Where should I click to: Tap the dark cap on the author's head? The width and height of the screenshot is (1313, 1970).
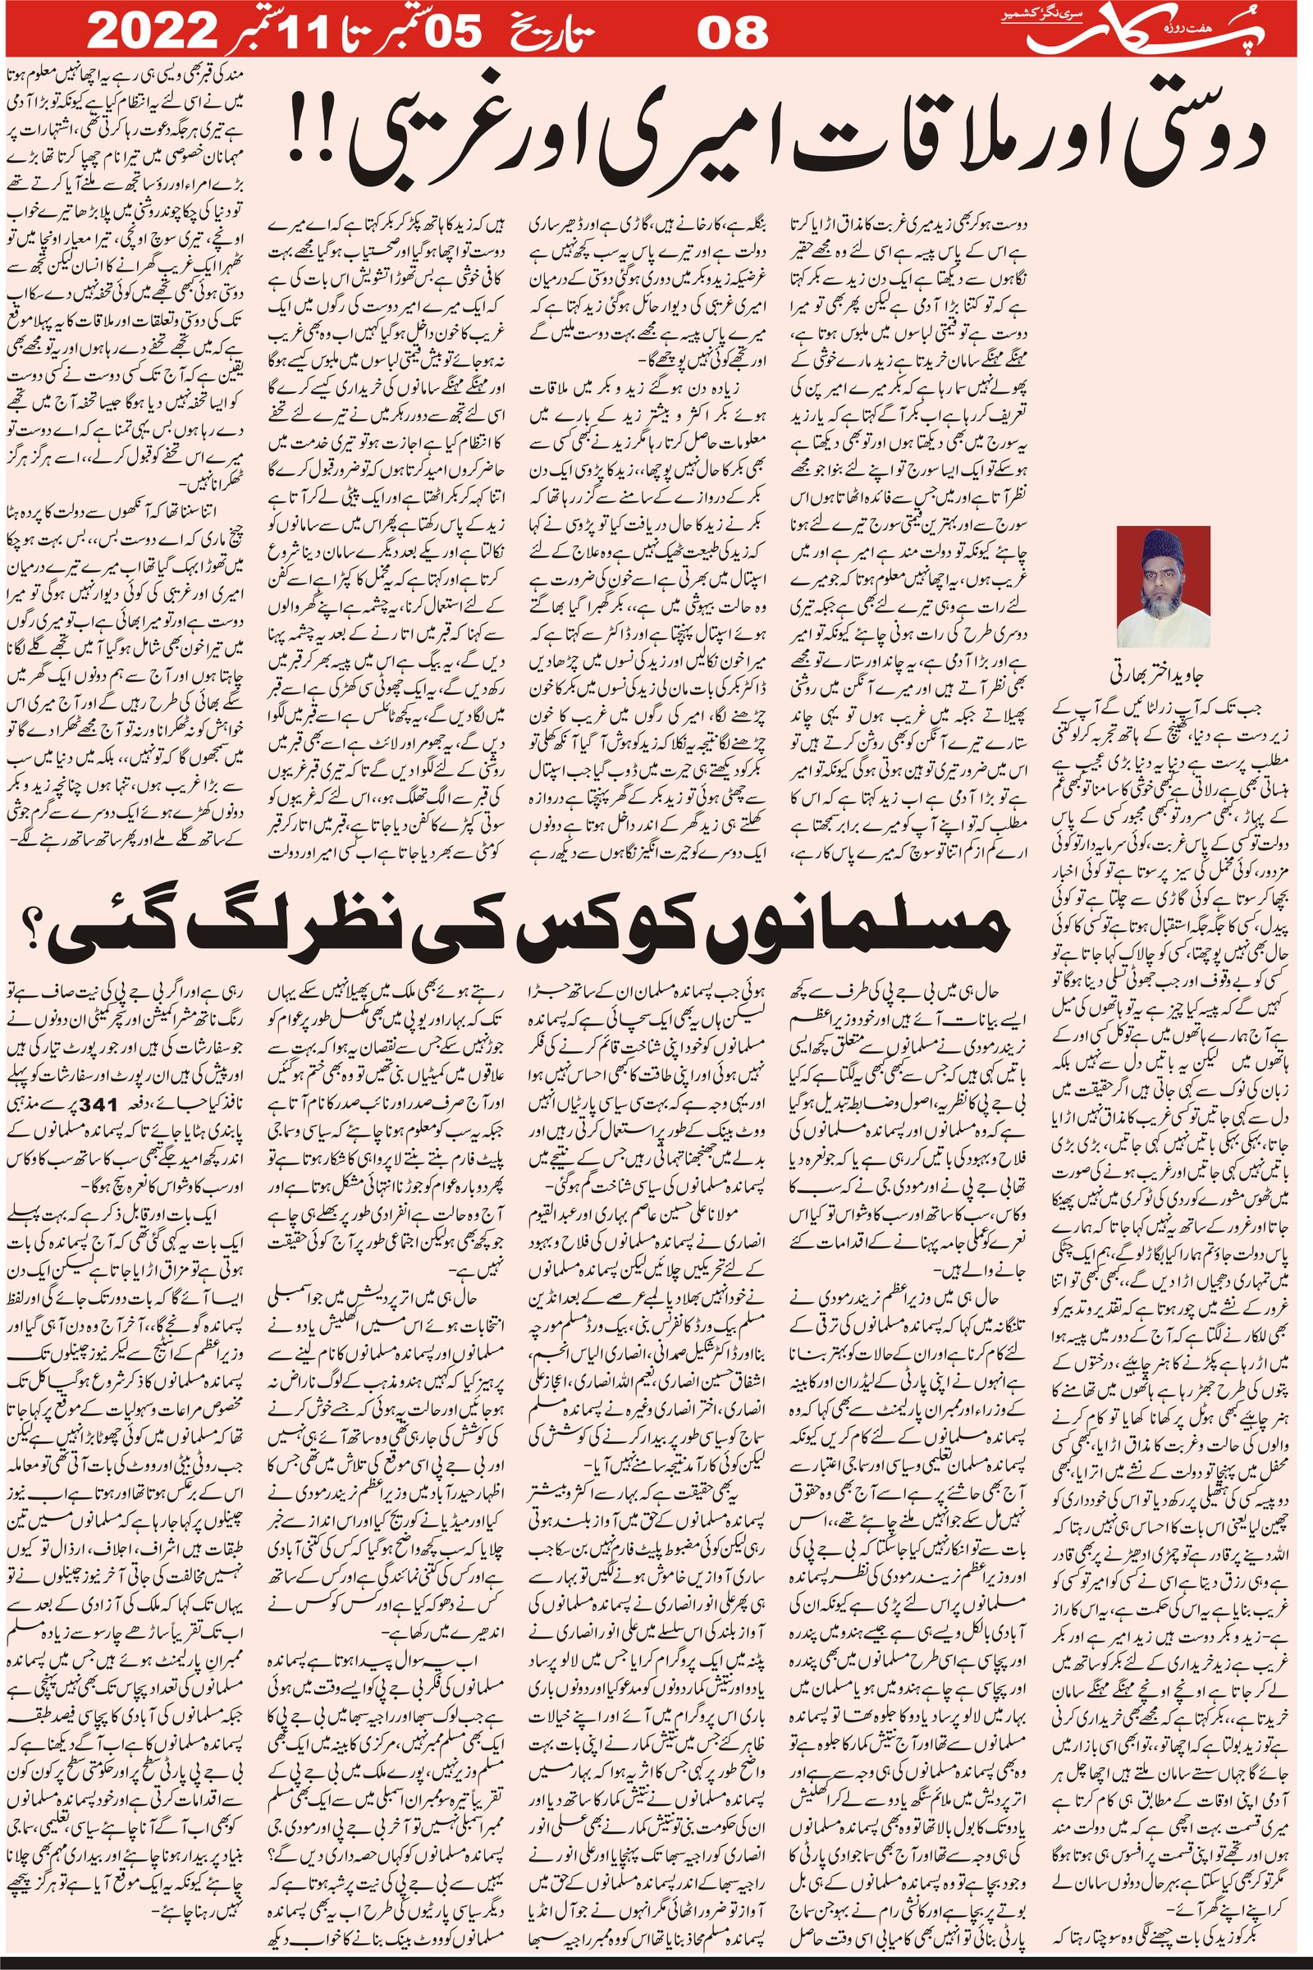1163,544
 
